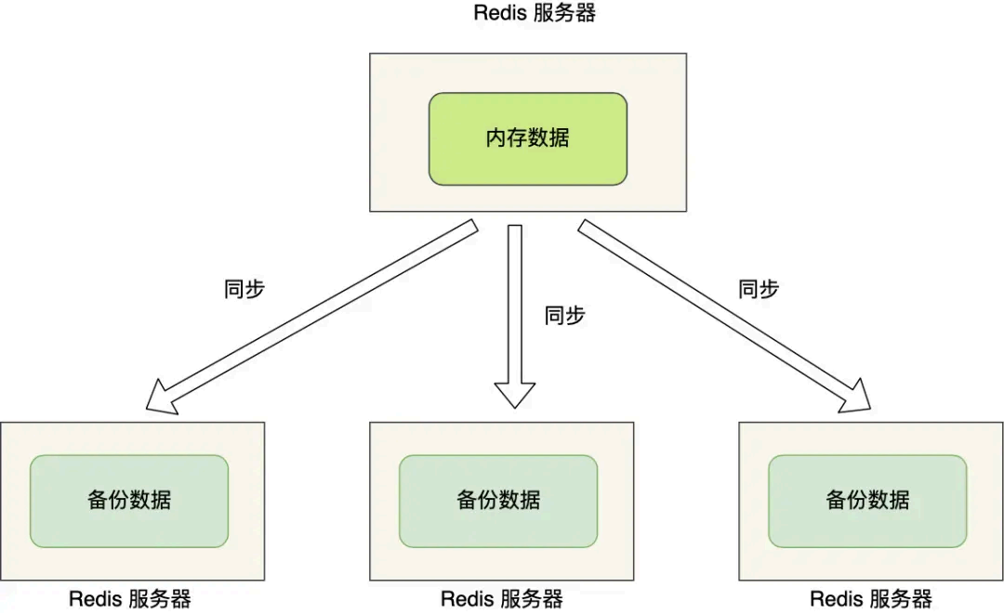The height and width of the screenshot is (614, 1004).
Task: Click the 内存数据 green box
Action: [527, 138]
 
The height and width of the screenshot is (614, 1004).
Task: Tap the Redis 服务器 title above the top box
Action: [534, 13]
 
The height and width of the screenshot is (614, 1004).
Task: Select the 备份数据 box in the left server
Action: [129, 501]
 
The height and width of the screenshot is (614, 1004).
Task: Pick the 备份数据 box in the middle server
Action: [498, 501]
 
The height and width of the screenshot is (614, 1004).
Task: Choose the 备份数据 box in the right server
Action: [867, 501]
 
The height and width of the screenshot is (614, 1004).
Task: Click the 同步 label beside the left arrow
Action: [244, 289]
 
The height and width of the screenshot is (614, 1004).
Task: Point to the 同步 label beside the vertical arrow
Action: [564, 315]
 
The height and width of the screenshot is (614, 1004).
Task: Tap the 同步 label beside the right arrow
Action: [759, 289]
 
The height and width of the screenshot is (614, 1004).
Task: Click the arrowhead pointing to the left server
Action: [162, 397]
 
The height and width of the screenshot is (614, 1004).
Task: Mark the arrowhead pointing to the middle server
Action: [515, 396]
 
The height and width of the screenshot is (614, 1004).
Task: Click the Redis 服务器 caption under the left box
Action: [130, 599]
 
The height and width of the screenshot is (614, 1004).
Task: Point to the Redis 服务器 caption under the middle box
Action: [502, 599]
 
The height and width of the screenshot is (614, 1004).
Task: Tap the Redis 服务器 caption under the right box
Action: [871, 599]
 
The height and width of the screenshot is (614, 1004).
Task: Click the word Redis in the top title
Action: [502, 13]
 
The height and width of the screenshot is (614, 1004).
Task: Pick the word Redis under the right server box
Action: [838, 599]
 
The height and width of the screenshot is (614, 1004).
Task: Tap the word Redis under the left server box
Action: [97, 599]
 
